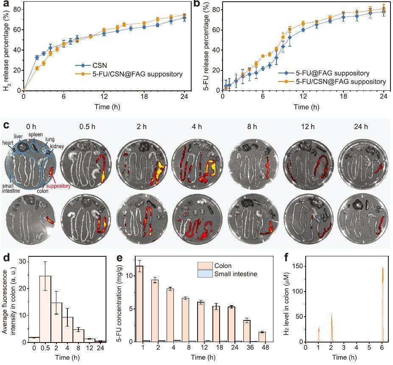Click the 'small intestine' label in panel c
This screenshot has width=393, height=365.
click(11, 188)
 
